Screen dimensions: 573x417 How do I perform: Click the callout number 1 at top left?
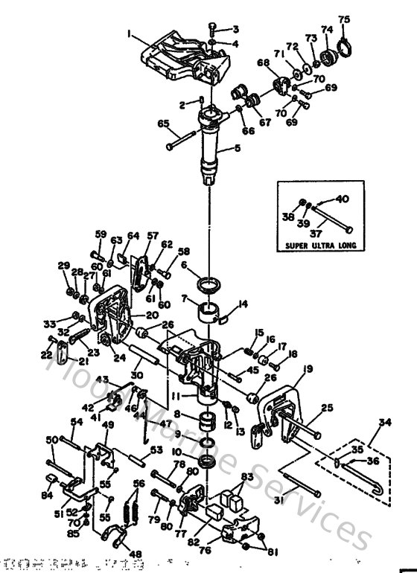pyautogui.click(x=129, y=33)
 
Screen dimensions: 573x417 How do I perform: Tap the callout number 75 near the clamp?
pyautogui.click(x=343, y=19)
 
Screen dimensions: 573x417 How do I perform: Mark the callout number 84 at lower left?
pyautogui.click(x=46, y=495)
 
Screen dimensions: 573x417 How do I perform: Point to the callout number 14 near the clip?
pyautogui.click(x=242, y=304)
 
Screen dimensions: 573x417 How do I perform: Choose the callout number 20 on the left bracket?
pyautogui.click(x=152, y=315)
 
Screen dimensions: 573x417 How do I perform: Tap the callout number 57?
pyautogui.click(x=153, y=236)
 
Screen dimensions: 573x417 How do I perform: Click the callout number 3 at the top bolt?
pyautogui.click(x=237, y=29)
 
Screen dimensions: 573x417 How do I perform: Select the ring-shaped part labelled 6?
pyautogui.click(x=210, y=285)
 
